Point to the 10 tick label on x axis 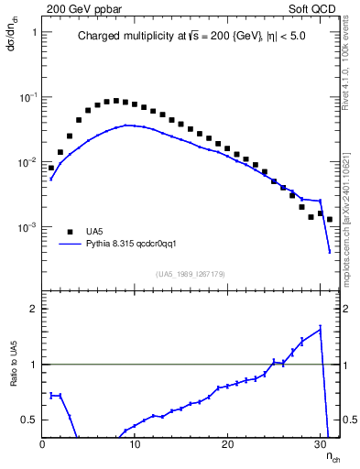pyautogui.click(x=135, y=445)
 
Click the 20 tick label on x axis pyautogui.click(x=227, y=445)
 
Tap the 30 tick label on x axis pyautogui.click(x=321, y=445)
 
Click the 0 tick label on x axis pyautogui.click(x=42, y=445)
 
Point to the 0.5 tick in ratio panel pyautogui.click(x=28, y=420)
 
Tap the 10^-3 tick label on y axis pyautogui.click(x=27, y=226)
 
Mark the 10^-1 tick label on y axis pyautogui.click(x=27, y=96)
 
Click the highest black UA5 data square pyautogui.click(x=115, y=101)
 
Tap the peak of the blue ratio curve pyautogui.click(x=320, y=328)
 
